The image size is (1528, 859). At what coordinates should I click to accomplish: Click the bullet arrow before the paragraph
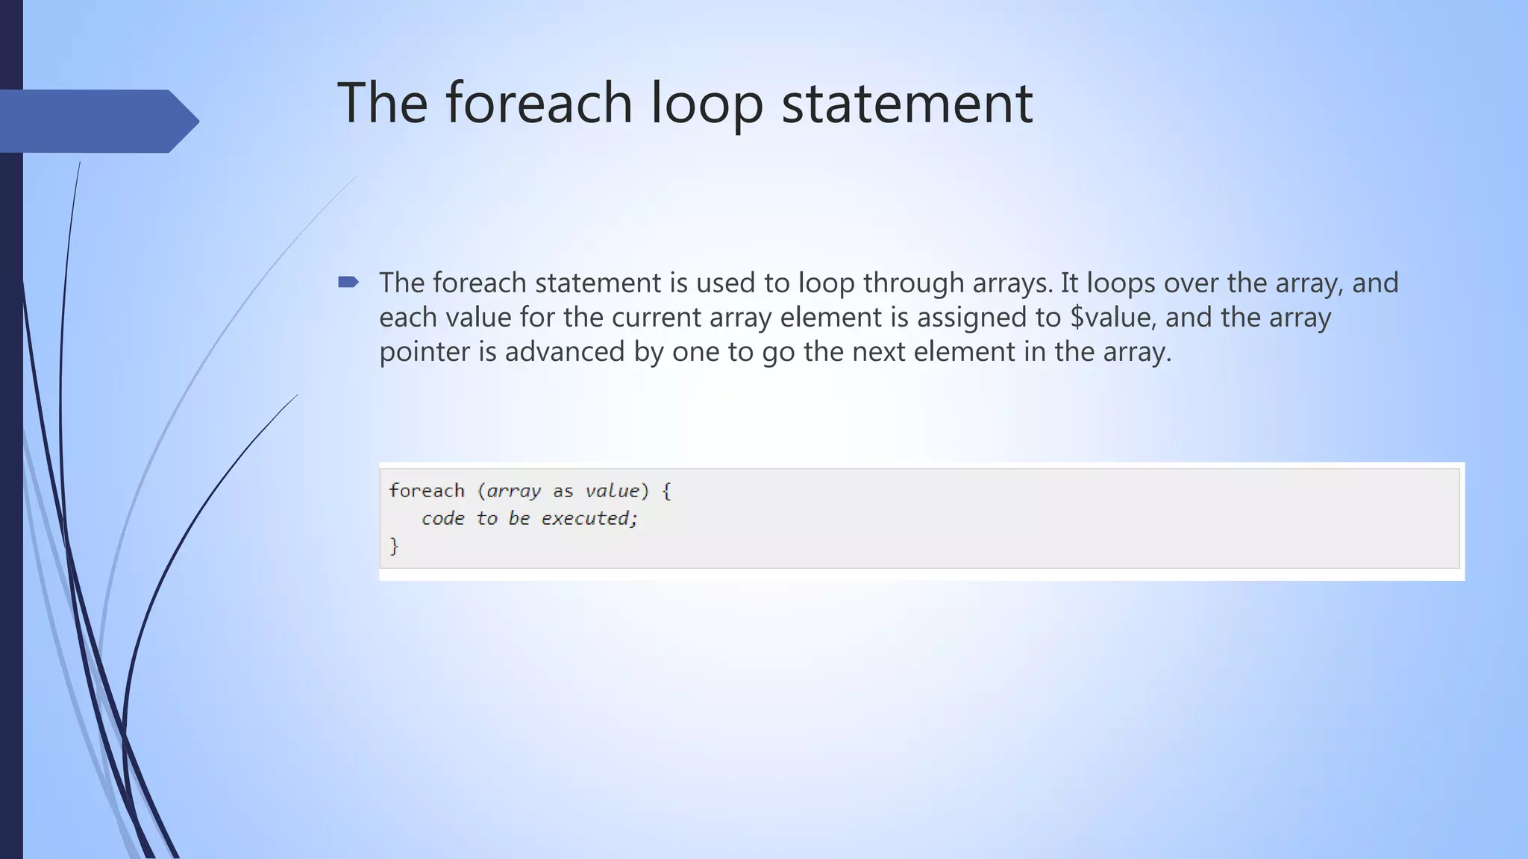tap(348, 282)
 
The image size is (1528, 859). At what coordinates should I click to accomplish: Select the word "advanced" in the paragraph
tap(565, 352)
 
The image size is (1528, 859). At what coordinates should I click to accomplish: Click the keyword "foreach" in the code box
tap(427, 491)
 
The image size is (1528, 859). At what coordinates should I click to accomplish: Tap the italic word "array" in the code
tap(513, 491)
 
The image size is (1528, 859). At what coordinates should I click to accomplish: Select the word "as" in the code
tap(563, 491)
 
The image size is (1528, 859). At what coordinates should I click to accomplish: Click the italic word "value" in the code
tap(612, 491)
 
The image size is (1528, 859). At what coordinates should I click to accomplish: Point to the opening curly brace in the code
tap(666, 491)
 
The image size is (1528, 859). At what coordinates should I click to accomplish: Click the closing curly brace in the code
tap(394, 547)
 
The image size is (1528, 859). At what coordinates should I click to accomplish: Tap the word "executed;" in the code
tap(589, 518)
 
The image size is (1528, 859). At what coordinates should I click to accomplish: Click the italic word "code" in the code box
tap(442, 518)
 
